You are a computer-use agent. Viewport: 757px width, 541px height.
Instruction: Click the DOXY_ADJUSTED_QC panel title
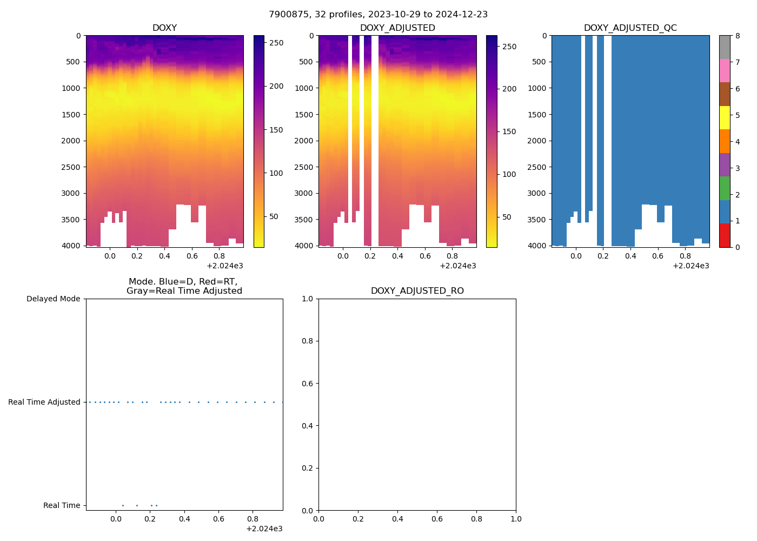630,28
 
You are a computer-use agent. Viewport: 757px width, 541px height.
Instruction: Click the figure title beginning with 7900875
378,15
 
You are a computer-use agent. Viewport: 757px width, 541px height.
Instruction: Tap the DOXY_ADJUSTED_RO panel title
417,291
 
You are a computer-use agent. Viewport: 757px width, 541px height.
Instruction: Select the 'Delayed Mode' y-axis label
53,299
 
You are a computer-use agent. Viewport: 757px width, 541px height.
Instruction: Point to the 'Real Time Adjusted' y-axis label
44,402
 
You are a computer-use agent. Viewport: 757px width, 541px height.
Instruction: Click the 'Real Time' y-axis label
62,505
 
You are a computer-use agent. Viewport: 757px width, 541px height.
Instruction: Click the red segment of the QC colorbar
725,235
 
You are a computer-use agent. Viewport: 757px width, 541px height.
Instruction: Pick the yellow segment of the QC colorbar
725,118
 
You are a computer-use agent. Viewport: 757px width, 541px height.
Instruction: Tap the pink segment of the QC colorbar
725,71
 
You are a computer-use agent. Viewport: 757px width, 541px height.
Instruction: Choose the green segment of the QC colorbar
725,188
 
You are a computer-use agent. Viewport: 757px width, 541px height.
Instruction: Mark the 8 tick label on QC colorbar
738,36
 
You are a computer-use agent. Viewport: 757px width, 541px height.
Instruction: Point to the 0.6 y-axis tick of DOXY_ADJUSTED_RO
308,384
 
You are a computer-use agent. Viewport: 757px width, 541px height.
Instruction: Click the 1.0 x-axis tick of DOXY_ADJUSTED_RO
516,519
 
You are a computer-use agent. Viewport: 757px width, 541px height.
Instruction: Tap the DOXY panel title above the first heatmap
164,28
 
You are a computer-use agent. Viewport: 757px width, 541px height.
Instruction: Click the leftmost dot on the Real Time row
123,505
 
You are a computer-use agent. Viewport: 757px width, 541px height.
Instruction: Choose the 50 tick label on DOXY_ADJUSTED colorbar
507,217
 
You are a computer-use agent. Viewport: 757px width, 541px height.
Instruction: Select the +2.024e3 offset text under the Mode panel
264,529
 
